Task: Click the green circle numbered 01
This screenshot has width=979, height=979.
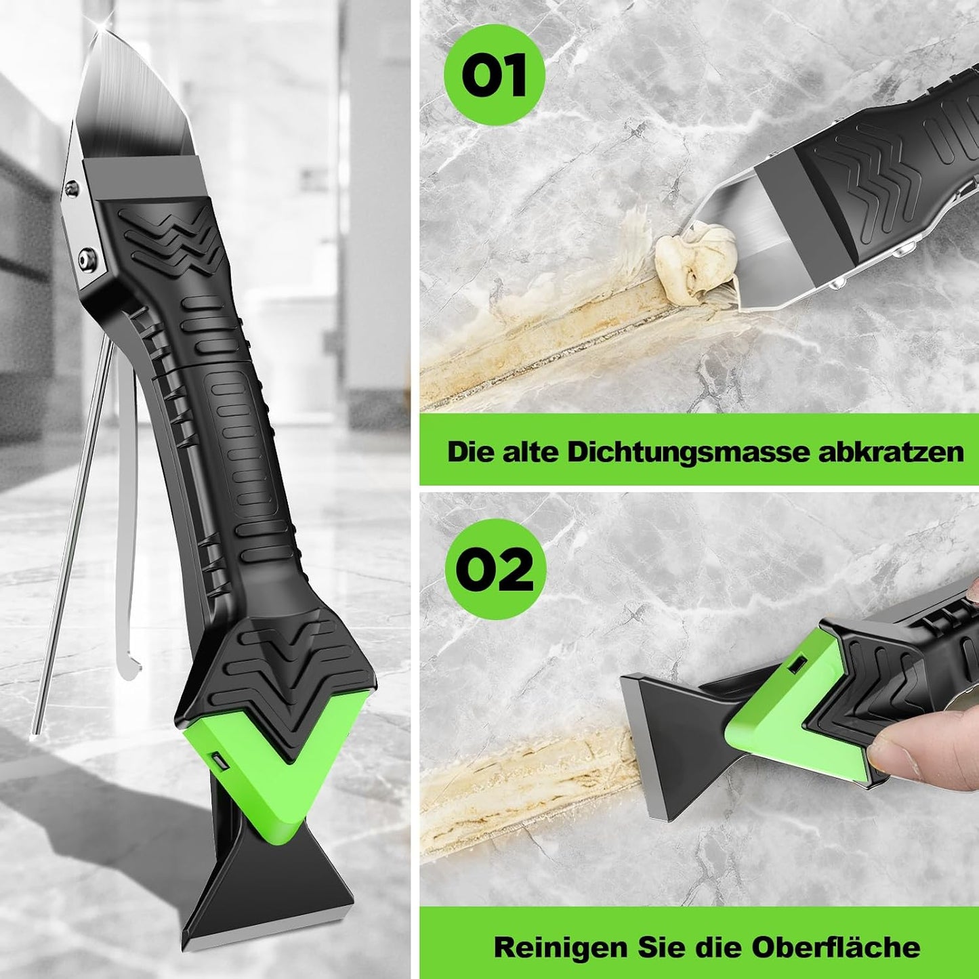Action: [494, 75]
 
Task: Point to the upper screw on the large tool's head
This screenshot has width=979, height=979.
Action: [70, 188]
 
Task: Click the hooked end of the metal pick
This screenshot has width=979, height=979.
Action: [130, 667]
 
